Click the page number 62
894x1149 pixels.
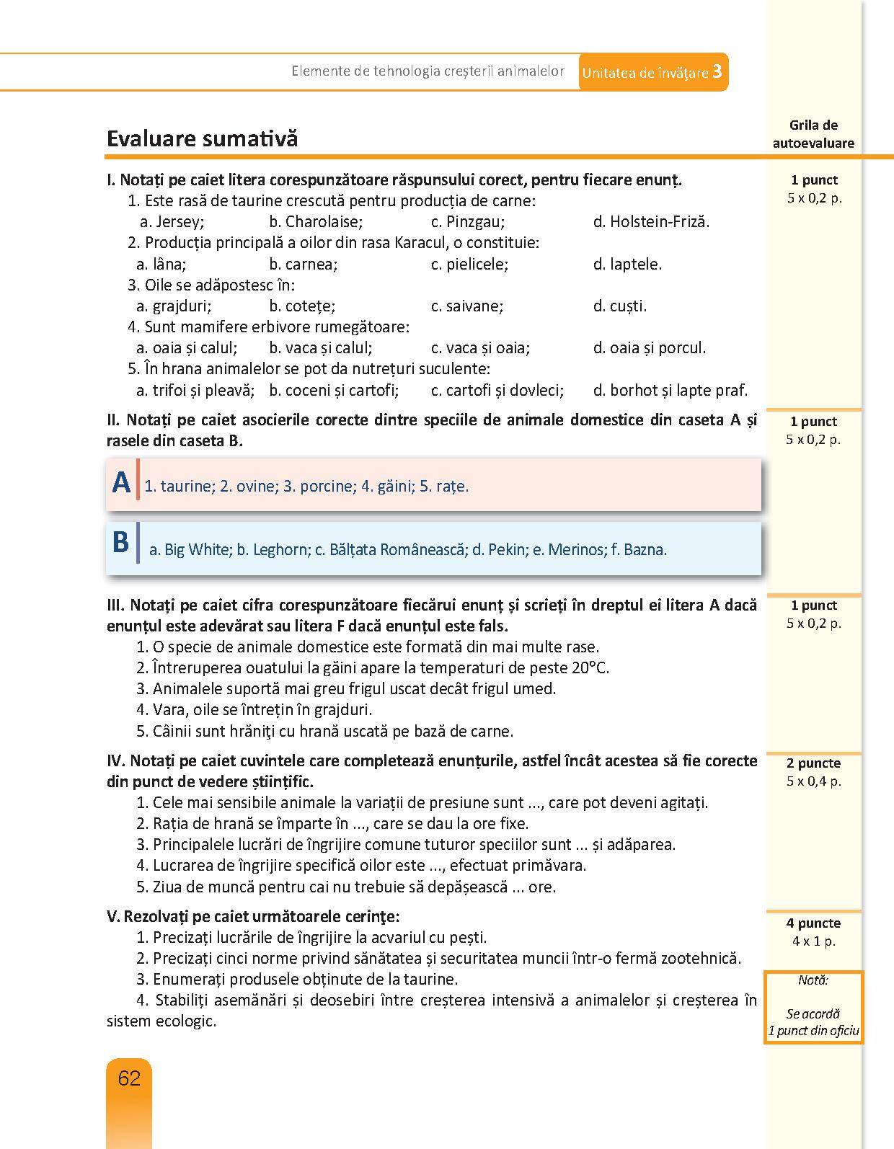coord(129,1078)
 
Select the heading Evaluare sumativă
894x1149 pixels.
coord(202,138)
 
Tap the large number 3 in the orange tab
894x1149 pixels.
coord(717,71)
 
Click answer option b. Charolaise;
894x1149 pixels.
coord(316,222)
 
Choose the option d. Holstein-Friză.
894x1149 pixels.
coord(651,222)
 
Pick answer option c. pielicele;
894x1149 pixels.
coord(469,264)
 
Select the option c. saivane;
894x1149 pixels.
coord(467,306)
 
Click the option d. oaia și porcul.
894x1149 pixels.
coord(649,348)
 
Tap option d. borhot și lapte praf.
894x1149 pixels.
coord(670,391)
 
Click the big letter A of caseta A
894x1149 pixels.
coord(121,482)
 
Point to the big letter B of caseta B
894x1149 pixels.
coord(120,542)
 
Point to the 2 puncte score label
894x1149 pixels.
coord(813,763)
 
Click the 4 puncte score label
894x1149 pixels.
coord(813,923)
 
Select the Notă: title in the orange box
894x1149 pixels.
coord(813,980)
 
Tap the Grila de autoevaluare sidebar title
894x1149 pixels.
coord(813,134)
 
